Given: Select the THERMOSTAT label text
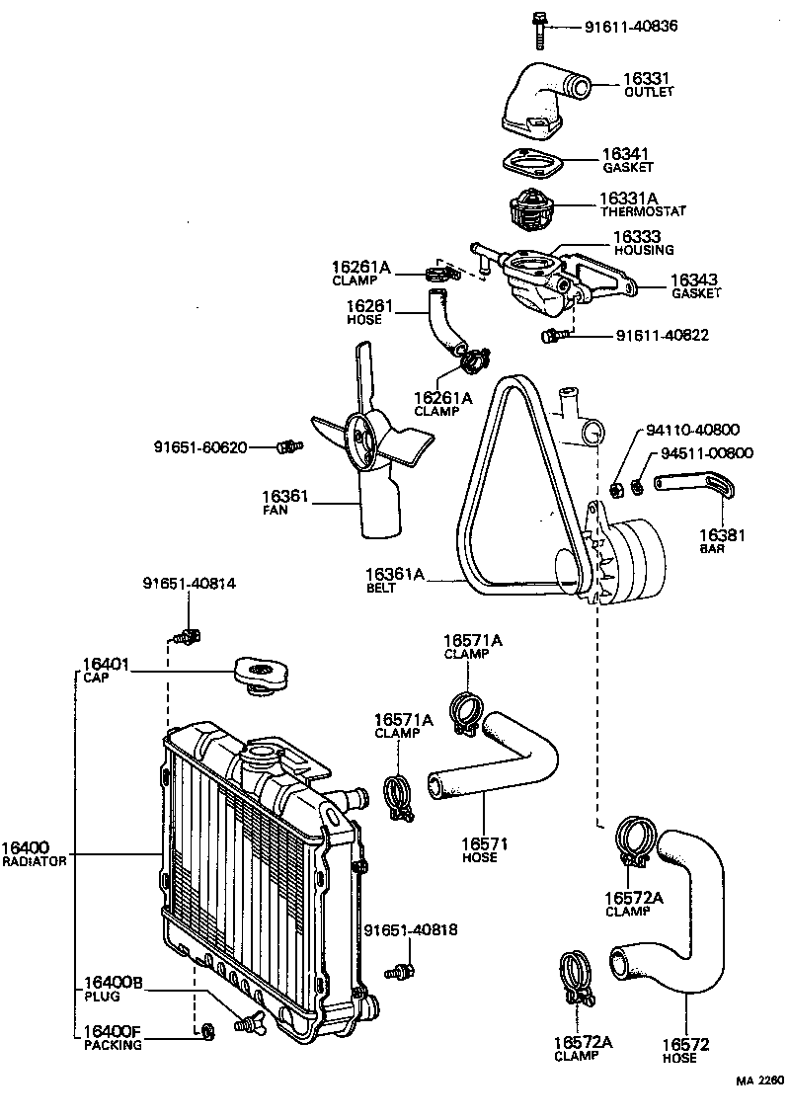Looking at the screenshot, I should tap(642, 211).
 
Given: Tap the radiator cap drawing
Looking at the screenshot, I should tap(260, 675).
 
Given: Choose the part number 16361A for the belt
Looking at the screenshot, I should tap(395, 573).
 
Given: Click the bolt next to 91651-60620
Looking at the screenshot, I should tap(288, 447).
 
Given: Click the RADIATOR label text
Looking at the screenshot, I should tap(34, 861).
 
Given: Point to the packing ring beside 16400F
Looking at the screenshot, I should tap(207, 1033).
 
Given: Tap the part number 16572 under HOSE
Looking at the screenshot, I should tap(685, 1044).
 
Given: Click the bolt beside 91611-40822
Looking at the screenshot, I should tap(551, 337).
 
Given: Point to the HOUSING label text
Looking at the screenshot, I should tap(643, 251).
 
